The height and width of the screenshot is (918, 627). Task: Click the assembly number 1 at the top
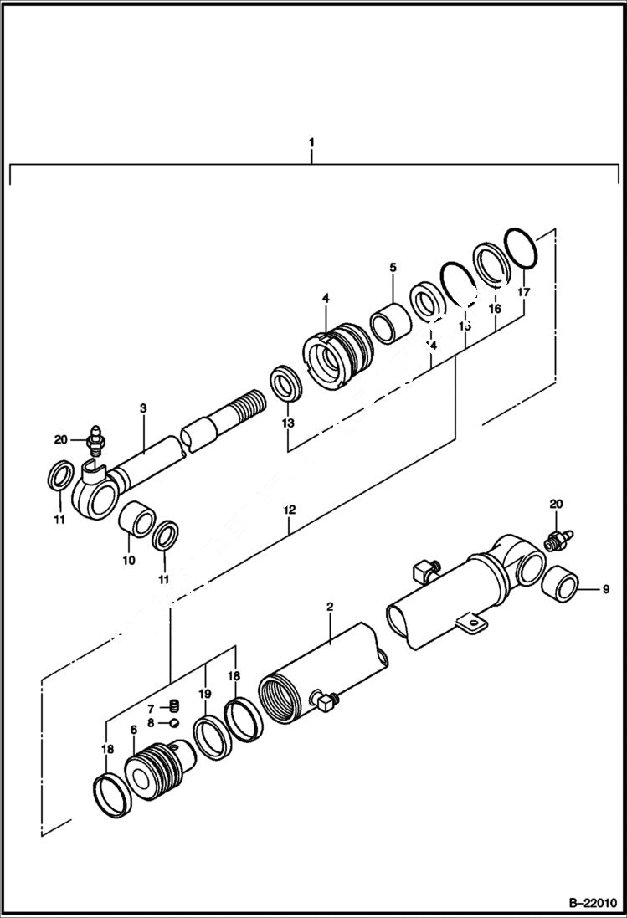point(311,143)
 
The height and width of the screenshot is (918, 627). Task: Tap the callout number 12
point(289,509)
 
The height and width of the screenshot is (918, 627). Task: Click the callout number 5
point(392,268)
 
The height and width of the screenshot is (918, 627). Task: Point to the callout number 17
point(523,293)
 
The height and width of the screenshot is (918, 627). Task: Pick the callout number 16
point(494,309)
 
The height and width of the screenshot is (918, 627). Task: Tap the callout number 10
point(129,560)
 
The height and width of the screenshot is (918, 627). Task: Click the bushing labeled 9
point(559,582)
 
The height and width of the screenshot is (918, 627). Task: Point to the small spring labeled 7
point(175,707)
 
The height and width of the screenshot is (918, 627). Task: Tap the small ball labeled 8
point(175,723)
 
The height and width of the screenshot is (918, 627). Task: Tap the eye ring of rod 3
point(95,497)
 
